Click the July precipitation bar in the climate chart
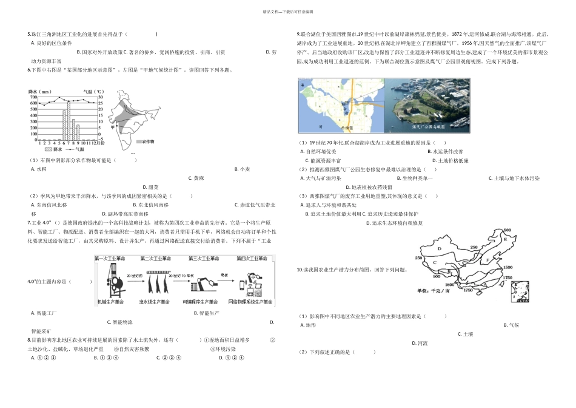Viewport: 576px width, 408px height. [69, 120]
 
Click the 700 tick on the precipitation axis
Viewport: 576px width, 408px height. [33, 97]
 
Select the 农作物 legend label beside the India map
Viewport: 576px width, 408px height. [148, 141]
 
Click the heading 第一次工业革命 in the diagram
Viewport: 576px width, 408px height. [110, 259]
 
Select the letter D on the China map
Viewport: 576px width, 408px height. [439, 248]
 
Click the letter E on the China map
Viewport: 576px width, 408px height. [505, 239]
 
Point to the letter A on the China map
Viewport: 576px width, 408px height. [484, 284]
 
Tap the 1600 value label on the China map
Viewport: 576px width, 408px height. [450, 285]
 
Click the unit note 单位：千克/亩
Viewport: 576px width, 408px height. [434, 291]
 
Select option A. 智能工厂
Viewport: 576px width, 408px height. [44, 313]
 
